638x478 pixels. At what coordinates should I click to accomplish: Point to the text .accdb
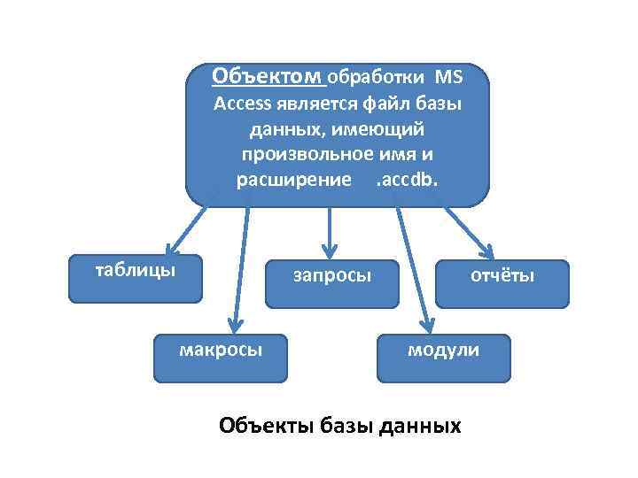click(407, 180)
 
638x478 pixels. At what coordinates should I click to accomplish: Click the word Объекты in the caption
click(262, 426)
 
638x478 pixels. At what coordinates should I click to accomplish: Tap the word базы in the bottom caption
click(349, 426)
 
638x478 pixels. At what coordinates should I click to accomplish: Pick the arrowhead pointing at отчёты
click(488, 251)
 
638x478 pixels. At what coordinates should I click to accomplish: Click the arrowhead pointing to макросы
click(234, 323)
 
